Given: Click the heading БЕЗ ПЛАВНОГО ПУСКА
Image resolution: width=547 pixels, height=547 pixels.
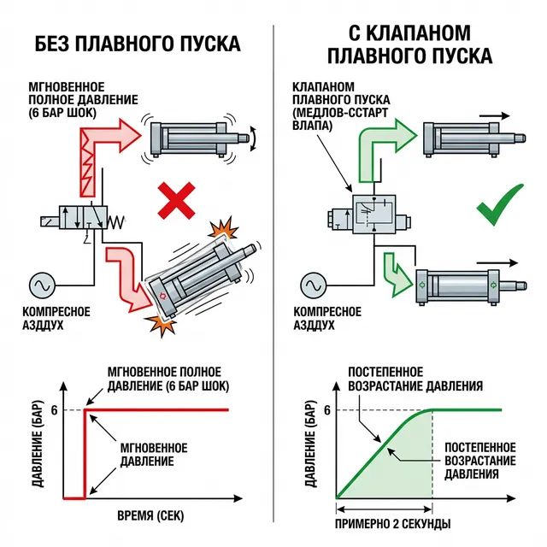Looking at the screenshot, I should [x=136, y=44].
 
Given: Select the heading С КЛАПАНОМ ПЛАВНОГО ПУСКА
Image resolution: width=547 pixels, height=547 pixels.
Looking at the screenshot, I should [x=410, y=45].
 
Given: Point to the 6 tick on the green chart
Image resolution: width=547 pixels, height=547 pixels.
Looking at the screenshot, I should [x=326, y=409].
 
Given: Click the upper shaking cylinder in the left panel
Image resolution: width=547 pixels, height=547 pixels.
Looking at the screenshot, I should [x=192, y=135].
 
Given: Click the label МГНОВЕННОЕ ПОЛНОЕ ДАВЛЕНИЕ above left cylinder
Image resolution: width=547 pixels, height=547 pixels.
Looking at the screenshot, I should [x=83, y=99].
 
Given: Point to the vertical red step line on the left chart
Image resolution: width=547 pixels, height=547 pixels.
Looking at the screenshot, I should [x=84, y=453].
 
